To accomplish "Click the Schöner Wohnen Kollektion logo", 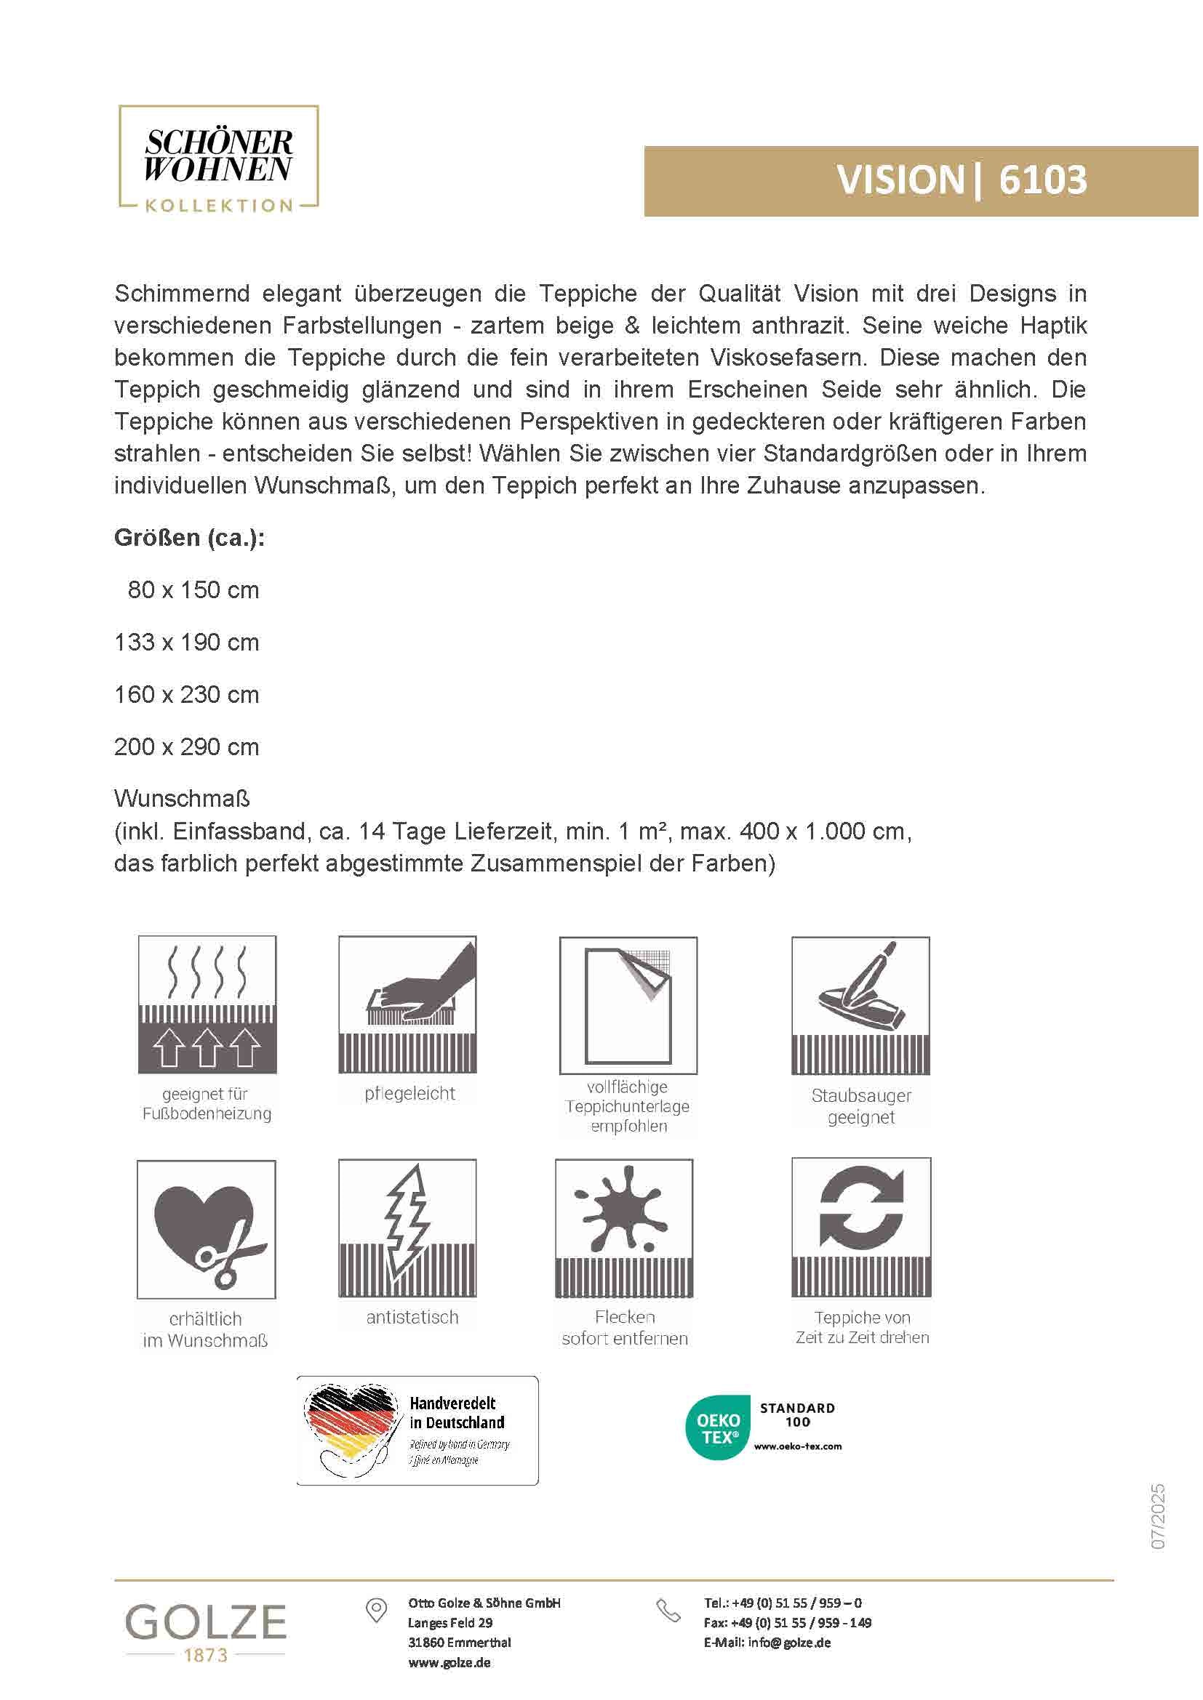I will [x=218, y=159].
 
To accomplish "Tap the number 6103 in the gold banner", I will [x=1042, y=180].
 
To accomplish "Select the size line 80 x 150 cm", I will [x=193, y=590].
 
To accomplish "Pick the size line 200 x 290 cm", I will [x=187, y=746].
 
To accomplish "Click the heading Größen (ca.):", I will [x=190, y=538].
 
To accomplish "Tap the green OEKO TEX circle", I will [x=718, y=1428].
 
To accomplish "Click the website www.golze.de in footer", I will [x=449, y=1663].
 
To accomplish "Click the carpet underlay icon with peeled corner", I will [x=628, y=1004].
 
